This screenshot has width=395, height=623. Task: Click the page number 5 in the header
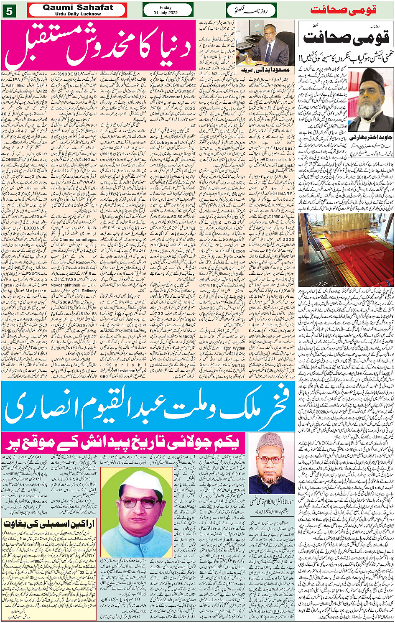(x=9, y=11)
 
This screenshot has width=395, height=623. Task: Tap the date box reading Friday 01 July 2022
(x=168, y=10)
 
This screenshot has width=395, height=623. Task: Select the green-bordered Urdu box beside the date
(x=251, y=10)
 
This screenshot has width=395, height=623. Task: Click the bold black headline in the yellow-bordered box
(x=49, y=524)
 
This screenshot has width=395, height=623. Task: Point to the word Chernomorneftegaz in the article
(x=79, y=240)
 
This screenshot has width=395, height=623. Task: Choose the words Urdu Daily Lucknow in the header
(x=78, y=14)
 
